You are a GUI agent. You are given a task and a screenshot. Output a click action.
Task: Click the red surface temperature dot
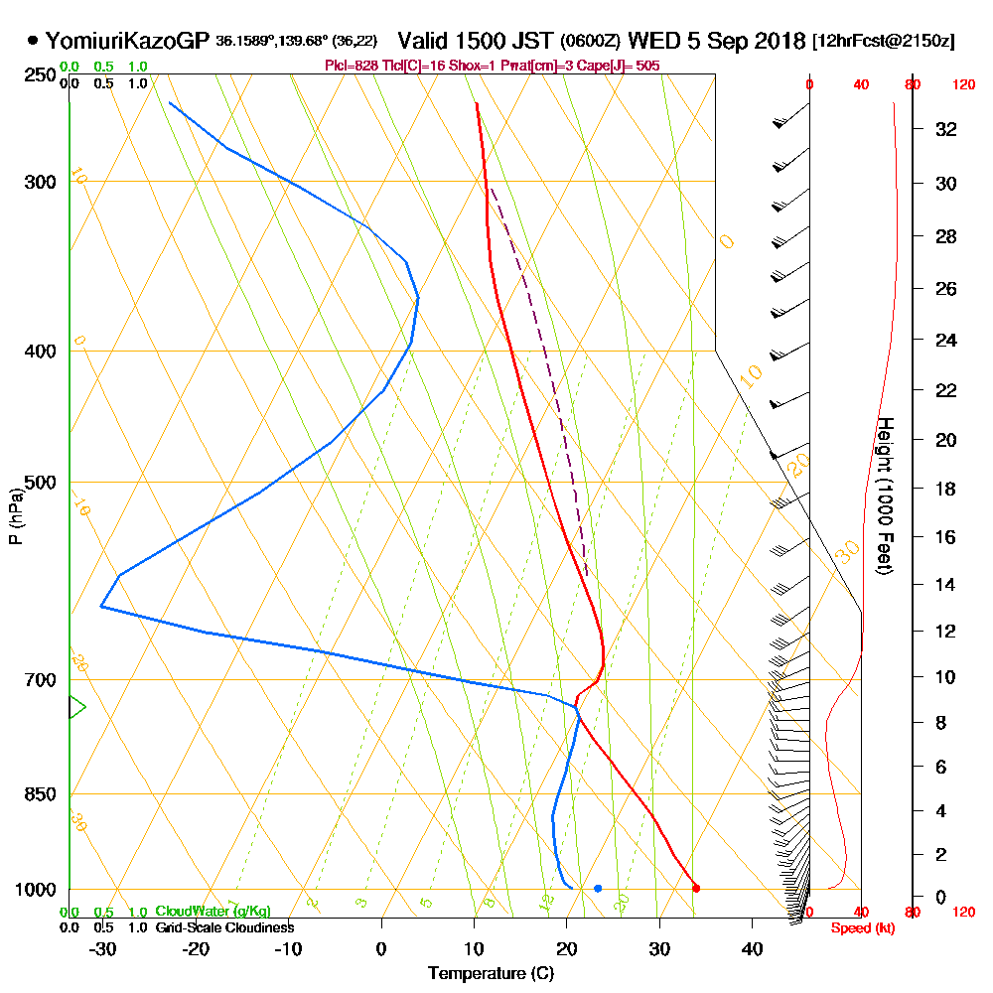click(696, 888)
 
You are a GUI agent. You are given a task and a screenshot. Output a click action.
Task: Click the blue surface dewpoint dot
click(598, 888)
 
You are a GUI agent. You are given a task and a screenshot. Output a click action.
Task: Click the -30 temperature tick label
click(103, 948)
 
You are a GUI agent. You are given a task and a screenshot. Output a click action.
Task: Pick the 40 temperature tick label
click(752, 948)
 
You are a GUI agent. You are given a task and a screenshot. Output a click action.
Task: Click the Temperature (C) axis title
click(491, 974)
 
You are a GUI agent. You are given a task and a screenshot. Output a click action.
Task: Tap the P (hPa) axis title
click(15, 516)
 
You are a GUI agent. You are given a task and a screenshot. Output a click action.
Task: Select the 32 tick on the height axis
click(946, 129)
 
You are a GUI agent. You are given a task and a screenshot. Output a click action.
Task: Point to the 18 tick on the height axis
click(946, 489)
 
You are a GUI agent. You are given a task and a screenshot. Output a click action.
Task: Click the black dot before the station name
click(34, 41)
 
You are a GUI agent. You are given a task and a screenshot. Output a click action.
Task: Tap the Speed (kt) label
click(860, 927)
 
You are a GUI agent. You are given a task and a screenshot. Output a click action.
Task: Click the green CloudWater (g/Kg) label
click(213, 911)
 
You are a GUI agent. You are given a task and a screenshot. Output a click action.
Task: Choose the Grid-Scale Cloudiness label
click(224, 927)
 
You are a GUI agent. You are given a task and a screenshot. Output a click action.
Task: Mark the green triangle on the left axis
click(76, 707)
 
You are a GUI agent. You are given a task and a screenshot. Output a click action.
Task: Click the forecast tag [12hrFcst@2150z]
click(883, 42)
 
